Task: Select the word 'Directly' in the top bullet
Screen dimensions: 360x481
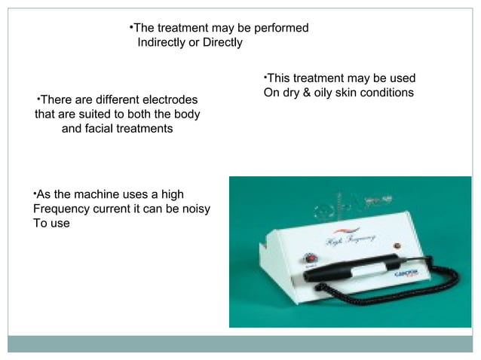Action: [x=222, y=42]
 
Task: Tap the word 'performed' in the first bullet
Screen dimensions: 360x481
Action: [x=280, y=28]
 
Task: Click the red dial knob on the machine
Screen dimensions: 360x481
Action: [x=311, y=257]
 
